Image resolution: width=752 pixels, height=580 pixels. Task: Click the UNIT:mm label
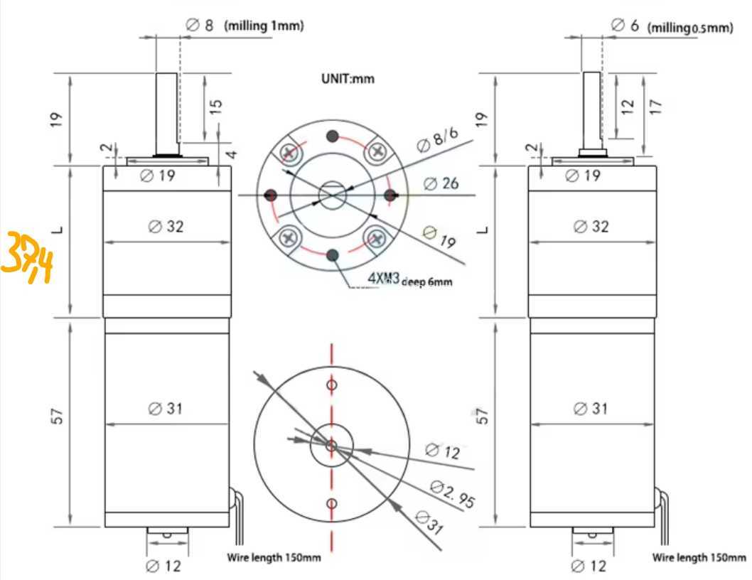[348, 79]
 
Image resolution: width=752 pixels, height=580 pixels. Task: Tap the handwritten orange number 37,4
[26, 257]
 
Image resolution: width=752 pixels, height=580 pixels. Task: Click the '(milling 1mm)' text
[264, 26]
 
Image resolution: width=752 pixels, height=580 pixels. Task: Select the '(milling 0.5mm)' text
[691, 28]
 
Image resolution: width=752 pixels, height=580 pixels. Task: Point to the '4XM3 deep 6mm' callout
[409, 279]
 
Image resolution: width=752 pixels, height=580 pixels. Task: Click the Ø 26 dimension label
[441, 183]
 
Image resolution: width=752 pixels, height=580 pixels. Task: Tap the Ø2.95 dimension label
[452, 494]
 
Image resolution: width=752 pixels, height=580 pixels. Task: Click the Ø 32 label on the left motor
[166, 226]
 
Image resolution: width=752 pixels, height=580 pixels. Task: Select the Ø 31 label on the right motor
[591, 408]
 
